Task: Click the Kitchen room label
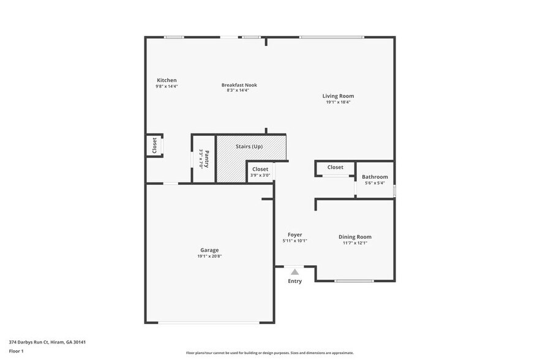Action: click(x=167, y=80)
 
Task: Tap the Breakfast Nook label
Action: click(x=239, y=85)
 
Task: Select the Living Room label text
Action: click(x=338, y=96)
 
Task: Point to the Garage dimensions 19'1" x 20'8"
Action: click(x=209, y=257)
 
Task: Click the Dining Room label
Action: click(x=355, y=237)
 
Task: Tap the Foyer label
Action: click(x=294, y=234)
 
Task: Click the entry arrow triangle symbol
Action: click(x=294, y=271)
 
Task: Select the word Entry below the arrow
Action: click(x=294, y=282)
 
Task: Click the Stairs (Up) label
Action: click(x=249, y=146)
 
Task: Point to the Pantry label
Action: click(x=207, y=159)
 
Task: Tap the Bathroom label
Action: click(x=375, y=177)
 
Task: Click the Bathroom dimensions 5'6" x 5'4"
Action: click(x=375, y=183)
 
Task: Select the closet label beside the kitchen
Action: click(x=154, y=146)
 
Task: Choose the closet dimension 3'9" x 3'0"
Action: click(x=260, y=176)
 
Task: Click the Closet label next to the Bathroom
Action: click(x=335, y=167)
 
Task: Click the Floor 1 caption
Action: click(x=17, y=351)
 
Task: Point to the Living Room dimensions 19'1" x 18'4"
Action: click(x=338, y=102)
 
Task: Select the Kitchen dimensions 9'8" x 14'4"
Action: click(x=167, y=86)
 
